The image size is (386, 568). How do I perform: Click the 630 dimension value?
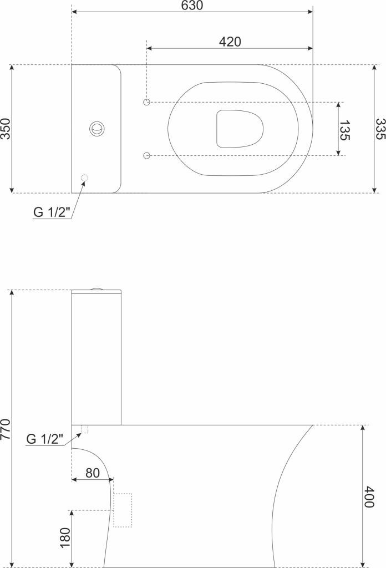click(x=192, y=6)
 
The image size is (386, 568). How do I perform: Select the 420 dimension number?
click(x=230, y=42)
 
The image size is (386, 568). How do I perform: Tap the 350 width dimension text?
click(x=6, y=129)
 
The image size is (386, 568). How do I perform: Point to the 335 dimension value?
click(x=380, y=129)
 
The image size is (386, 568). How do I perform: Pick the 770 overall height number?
click(x=6, y=429)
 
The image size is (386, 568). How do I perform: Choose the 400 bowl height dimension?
click(x=369, y=497)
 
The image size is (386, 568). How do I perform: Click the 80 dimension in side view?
click(x=92, y=473)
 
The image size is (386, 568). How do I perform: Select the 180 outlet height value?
click(x=65, y=537)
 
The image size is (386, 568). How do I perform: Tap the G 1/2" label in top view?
click(x=52, y=212)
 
